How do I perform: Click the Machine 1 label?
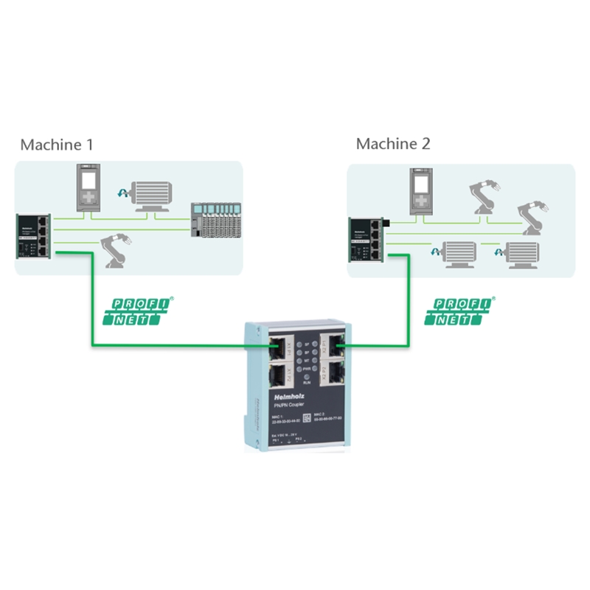point(57,145)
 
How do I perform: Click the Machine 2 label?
point(393,144)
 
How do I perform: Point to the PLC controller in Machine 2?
point(420,190)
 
